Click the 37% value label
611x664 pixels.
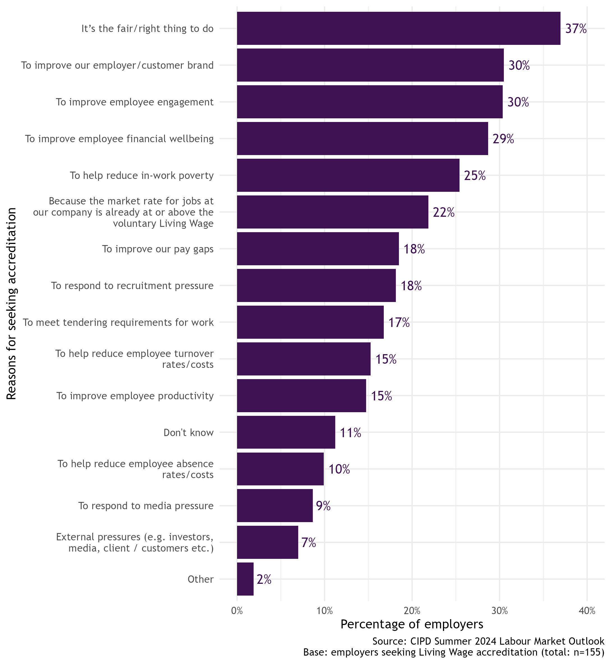point(576,29)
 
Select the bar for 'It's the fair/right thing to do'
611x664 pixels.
point(398,28)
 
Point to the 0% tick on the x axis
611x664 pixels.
point(237,611)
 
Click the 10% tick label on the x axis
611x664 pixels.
point(325,611)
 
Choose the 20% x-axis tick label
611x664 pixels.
point(412,611)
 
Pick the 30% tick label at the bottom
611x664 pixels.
point(500,611)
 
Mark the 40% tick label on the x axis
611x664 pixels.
point(587,611)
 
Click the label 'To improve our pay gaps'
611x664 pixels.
point(158,249)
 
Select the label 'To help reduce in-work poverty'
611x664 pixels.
point(141,176)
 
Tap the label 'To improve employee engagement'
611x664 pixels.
point(135,102)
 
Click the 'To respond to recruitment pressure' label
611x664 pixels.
point(132,285)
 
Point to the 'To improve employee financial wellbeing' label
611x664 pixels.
point(119,139)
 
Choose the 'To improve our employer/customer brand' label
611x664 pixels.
point(117,65)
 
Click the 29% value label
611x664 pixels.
point(503,139)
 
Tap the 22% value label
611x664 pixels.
point(443,213)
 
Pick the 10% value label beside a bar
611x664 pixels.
point(339,469)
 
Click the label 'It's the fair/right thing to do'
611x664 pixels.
point(148,29)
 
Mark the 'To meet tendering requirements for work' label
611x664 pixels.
point(118,322)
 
